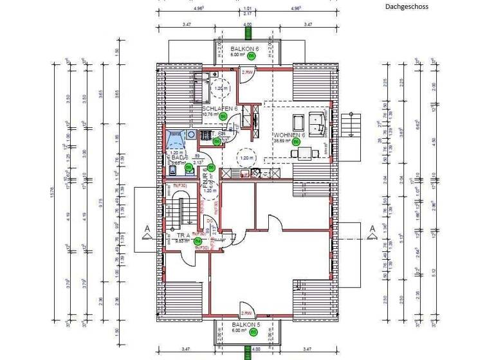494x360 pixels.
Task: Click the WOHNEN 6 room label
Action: point(290,135)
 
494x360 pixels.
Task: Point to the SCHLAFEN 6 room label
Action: point(220,109)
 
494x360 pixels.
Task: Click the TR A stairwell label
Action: point(185,236)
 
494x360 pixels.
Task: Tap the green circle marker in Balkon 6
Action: point(252,56)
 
